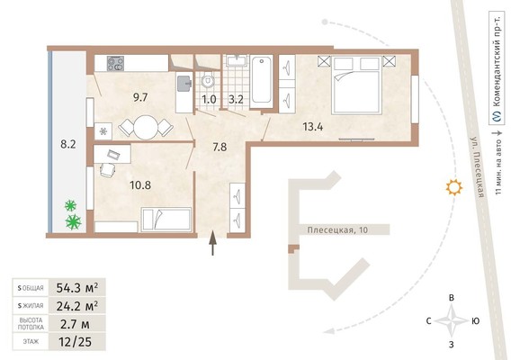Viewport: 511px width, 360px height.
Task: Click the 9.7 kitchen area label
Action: [x=140, y=97]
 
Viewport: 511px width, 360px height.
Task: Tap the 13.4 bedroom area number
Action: [x=313, y=127]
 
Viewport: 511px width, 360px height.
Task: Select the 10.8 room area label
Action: [x=140, y=185]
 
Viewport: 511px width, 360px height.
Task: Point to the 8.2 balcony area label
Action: [x=68, y=144]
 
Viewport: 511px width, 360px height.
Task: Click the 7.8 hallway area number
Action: [x=220, y=147]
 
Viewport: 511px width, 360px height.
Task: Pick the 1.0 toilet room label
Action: [x=209, y=99]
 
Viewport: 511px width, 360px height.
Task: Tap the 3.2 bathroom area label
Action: [x=236, y=99]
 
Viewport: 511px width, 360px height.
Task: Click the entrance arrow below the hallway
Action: [x=213, y=243]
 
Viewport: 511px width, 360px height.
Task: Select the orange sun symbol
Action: [x=454, y=187]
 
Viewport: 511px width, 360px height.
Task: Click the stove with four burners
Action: [x=116, y=64]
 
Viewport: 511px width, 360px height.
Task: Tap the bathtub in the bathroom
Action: [x=262, y=81]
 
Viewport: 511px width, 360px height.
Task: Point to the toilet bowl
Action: [x=207, y=80]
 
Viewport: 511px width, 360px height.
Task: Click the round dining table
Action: [x=146, y=128]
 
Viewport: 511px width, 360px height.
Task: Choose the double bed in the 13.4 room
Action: [x=356, y=85]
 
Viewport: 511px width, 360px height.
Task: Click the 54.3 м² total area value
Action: [x=77, y=288]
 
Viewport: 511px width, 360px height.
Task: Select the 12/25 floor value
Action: [x=76, y=342]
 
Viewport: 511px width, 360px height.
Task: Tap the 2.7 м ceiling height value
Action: [x=75, y=324]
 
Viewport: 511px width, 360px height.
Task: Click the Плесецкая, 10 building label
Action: [x=337, y=229]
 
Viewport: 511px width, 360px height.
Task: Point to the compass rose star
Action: [x=452, y=321]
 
